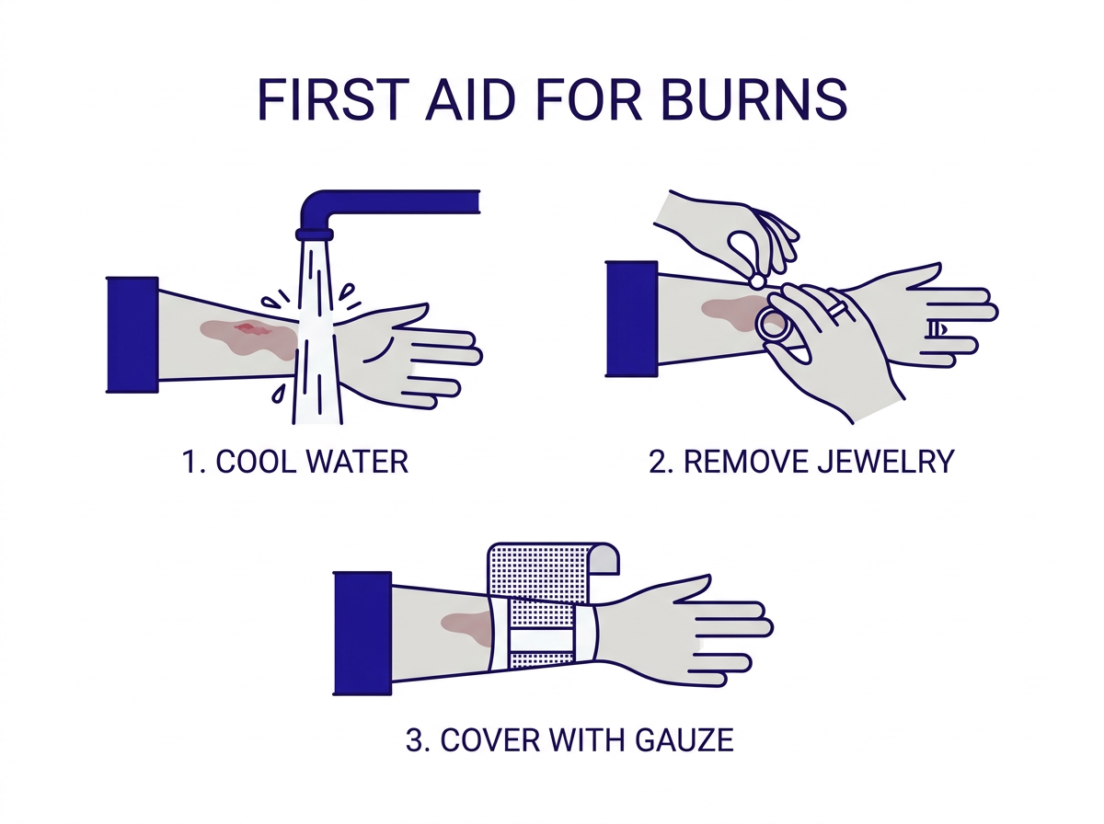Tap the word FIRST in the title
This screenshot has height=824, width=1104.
(x=331, y=99)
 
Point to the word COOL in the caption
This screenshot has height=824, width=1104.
(x=256, y=462)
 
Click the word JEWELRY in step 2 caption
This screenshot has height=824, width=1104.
(x=886, y=462)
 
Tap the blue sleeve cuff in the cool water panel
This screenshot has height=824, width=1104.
(x=132, y=335)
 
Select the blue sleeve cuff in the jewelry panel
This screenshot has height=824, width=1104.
(x=632, y=319)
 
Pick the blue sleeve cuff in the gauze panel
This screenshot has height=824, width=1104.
(x=362, y=634)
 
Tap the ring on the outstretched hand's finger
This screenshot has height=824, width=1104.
(x=935, y=329)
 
